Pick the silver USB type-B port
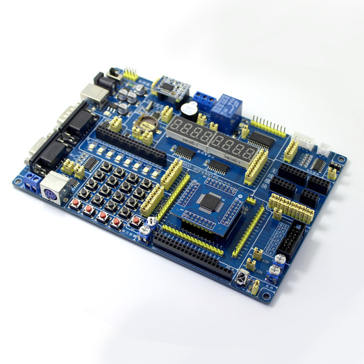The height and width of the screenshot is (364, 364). tap(92, 94)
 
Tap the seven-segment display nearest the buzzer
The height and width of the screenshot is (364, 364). tap(187, 132)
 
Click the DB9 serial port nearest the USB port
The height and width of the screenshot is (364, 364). tap(75, 122)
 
